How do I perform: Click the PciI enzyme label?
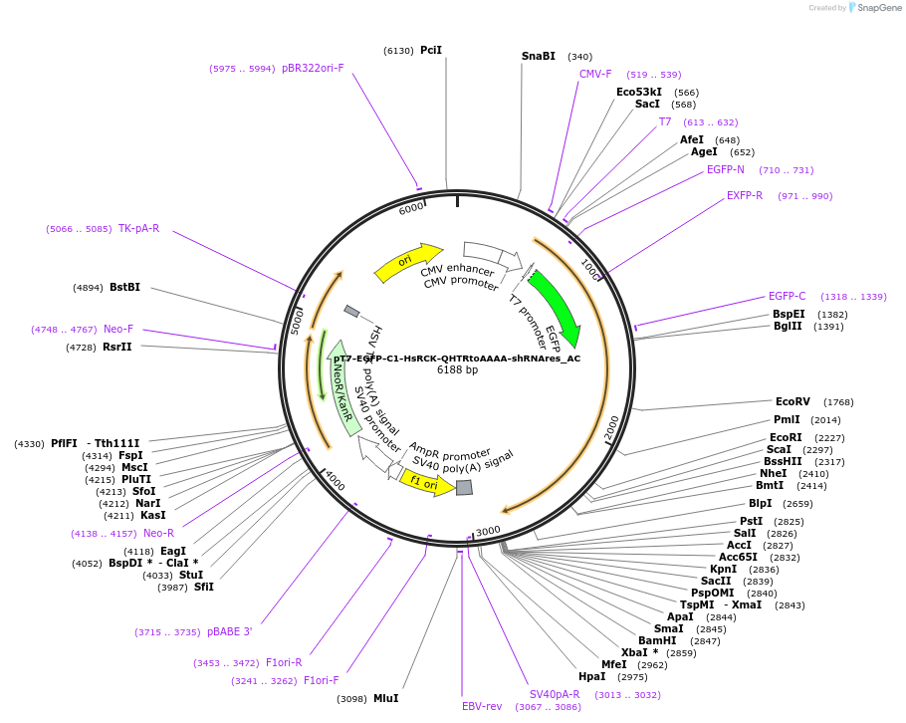coord(430,50)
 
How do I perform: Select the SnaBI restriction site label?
coord(539,57)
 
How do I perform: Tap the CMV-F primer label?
coord(595,74)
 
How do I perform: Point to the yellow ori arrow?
coord(407,261)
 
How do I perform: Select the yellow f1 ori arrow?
coord(426,483)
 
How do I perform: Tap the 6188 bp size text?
coord(457,370)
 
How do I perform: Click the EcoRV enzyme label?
coord(793,402)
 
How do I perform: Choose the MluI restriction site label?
coord(385,699)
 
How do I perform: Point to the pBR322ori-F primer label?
coord(313,69)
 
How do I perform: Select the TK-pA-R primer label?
coord(138,229)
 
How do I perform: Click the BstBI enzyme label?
coord(124,288)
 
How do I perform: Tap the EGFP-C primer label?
coord(787,297)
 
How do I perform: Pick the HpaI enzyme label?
coord(591,677)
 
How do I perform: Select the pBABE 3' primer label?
coord(229,632)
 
